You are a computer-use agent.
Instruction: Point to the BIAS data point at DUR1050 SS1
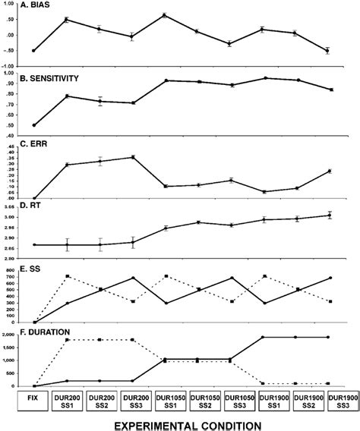point(165,15)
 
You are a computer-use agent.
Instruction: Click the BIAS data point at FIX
point(34,51)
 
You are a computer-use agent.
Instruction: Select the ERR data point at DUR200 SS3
point(132,157)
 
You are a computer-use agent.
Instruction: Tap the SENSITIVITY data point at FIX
point(34,125)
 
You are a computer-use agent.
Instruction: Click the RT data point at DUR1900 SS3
point(328,215)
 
